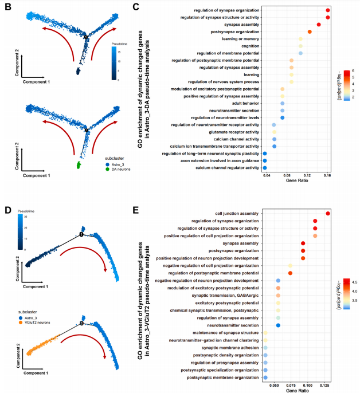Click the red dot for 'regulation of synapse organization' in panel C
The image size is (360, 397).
327,10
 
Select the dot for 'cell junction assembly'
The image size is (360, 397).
327,214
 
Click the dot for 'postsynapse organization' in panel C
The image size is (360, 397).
310,32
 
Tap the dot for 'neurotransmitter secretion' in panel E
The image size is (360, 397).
278,325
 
